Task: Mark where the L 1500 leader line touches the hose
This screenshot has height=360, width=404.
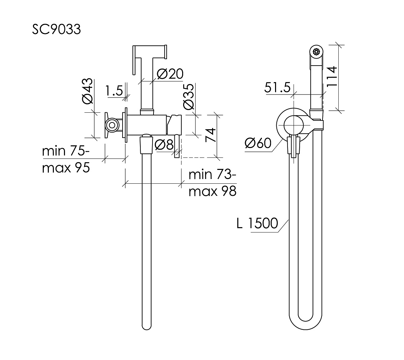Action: tap(289, 220)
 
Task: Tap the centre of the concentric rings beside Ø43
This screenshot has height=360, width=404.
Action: tap(112, 125)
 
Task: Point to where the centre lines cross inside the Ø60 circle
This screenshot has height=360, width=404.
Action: tap(294, 125)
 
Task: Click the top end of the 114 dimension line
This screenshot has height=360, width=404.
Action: tap(338, 45)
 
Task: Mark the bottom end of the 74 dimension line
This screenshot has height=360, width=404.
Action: tap(217, 157)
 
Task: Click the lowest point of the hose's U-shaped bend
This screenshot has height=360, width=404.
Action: tap(305, 330)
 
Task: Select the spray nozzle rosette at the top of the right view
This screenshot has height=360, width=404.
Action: tap(316, 51)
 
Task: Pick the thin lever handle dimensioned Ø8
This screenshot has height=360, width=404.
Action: tap(177, 146)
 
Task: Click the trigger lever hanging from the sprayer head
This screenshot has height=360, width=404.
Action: tap(134, 60)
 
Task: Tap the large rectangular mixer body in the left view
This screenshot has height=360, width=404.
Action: tap(147, 125)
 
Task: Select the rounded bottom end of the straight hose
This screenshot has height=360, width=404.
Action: tap(146, 327)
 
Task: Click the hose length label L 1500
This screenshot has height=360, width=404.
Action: tap(257, 223)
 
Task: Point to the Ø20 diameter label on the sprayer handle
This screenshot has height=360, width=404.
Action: tap(170, 74)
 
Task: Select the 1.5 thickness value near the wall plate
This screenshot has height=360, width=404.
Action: tap(114, 91)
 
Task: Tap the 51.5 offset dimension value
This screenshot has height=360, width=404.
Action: tap(277, 87)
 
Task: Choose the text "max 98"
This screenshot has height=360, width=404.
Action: tap(212, 191)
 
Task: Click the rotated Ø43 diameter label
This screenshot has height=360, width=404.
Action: tap(87, 91)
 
